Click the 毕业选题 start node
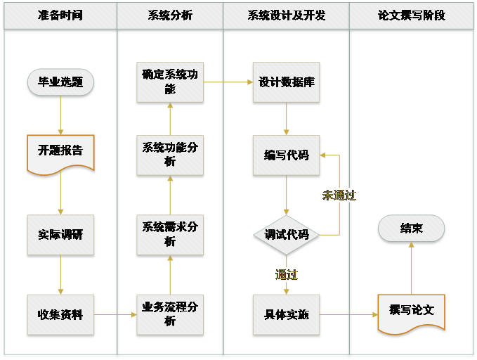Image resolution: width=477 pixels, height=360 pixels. [x=60, y=82]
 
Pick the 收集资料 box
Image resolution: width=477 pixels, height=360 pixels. [x=60, y=314]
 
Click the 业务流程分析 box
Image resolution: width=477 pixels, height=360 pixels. [x=170, y=314]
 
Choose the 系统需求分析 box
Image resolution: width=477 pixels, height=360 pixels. [x=170, y=235]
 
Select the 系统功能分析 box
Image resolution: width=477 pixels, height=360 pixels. [x=170, y=155]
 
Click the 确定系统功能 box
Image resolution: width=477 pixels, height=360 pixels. [x=170, y=82]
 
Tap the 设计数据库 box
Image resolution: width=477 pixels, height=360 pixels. [x=287, y=82]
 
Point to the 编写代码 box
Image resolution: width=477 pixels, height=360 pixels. [x=287, y=155]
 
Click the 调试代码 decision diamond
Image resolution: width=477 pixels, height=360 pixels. [x=287, y=235]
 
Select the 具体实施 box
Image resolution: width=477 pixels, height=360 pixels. [x=287, y=314]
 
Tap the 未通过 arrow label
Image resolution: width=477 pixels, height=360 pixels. [x=339, y=195]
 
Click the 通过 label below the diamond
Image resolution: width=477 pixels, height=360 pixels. [x=287, y=274]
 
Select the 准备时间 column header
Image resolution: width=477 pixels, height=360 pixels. [x=60, y=15]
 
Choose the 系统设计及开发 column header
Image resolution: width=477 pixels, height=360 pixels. [x=287, y=15]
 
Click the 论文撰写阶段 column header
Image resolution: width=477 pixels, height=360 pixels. [x=412, y=15]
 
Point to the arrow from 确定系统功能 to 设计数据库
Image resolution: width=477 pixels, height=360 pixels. [x=228, y=82]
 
